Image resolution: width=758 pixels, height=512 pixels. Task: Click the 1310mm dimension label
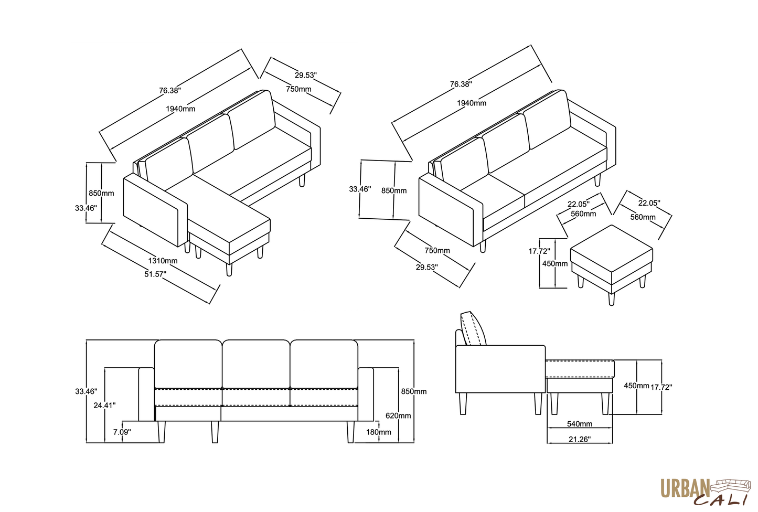tap(163, 261)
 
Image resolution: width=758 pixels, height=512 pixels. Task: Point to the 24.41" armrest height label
tap(105, 405)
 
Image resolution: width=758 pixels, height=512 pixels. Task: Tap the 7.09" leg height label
tap(122, 432)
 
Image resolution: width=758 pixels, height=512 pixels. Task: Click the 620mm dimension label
tap(398, 415)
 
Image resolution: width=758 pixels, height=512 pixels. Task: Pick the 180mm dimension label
tap(379, 432)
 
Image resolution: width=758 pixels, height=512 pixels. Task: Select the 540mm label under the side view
tap(580, 424)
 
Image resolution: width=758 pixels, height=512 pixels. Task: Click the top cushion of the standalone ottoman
tap(611, 248)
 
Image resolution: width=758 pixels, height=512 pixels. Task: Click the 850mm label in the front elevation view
tap(414, 391)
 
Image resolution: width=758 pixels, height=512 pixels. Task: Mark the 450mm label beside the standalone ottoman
tap(554, 263)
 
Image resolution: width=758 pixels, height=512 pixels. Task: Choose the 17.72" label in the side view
tap(661, 387)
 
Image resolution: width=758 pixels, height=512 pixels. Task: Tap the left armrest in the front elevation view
tap(146, 394)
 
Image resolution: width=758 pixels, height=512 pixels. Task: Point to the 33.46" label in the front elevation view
tap(86, 391)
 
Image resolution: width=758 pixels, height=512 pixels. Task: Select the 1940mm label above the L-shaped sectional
tap(180, 109)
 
